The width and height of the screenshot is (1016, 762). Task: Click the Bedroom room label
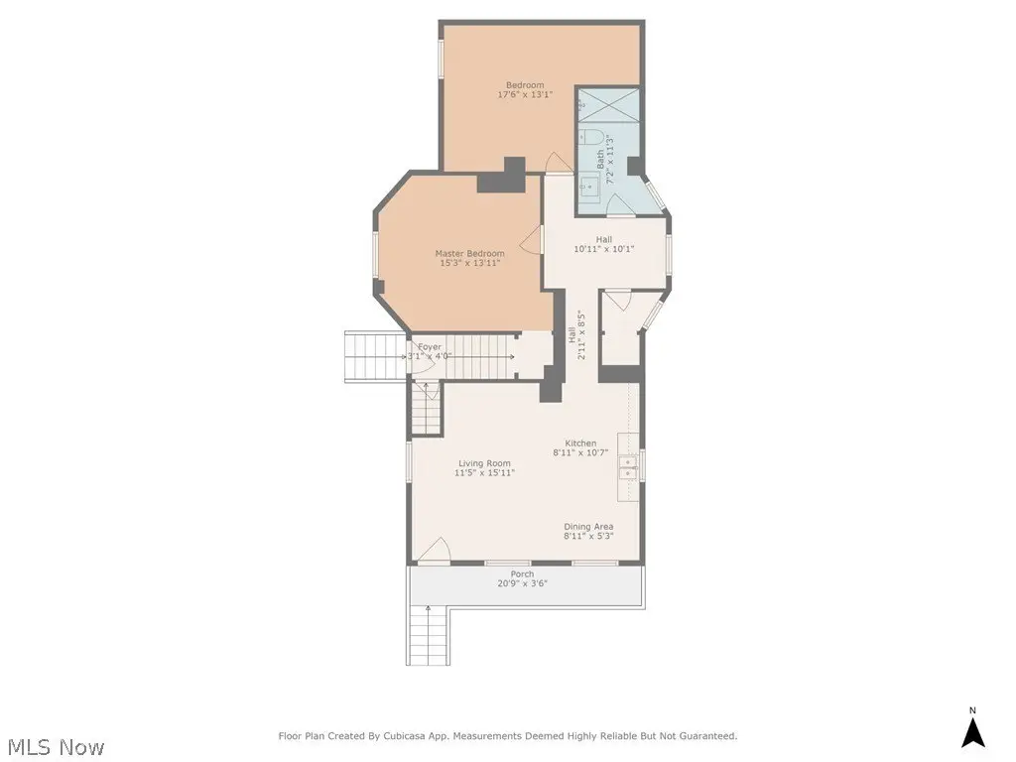(525, 85)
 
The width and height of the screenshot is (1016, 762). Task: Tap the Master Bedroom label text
(469, 253)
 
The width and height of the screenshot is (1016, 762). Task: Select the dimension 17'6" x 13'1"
(525, 94)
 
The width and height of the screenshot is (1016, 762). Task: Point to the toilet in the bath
(590, 137)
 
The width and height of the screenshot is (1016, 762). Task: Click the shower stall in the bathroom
(608, 105)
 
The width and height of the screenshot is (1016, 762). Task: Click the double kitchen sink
(628, 467)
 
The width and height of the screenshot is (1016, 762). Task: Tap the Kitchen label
(580, 444)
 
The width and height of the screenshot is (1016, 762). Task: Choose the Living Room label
(484, 463)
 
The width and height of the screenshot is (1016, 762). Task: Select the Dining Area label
(588, 527)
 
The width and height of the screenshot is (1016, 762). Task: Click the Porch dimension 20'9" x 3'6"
(522, 583)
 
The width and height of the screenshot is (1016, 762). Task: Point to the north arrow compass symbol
(972, 729)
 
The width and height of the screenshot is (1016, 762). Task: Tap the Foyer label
(430, 347)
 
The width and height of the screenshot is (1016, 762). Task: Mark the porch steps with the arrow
(428, 634)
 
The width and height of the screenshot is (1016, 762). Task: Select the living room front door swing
(434, 551)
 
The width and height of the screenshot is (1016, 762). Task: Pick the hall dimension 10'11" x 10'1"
(604, 249)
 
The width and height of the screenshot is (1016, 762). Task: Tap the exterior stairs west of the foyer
(375, 356)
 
